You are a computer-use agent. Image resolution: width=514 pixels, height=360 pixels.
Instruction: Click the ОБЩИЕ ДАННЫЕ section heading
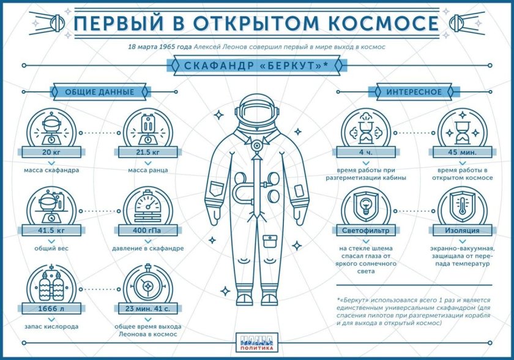point(99,92)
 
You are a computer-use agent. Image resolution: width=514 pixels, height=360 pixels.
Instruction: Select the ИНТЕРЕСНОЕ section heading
point(414,92)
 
